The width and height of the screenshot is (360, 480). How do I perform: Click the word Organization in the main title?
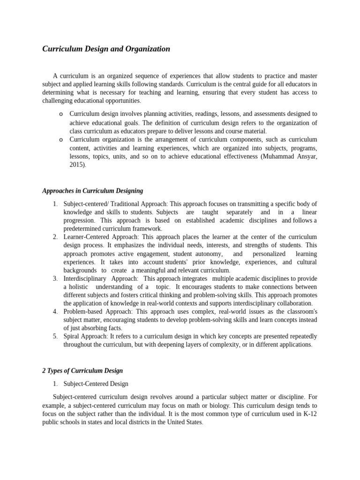pos(147,49)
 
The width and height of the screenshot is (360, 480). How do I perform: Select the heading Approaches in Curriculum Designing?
pos(92,191)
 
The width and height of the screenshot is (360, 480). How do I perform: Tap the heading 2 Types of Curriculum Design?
pos(82,371)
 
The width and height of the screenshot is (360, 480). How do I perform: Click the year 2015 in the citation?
pos(77,165)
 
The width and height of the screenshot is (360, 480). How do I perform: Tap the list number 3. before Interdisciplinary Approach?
pos(55,278)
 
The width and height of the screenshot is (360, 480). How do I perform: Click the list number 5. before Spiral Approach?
pos(55,336)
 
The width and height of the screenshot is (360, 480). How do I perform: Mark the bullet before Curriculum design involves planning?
pos(61,114)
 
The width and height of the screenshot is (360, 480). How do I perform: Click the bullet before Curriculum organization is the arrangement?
pos(61,140)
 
